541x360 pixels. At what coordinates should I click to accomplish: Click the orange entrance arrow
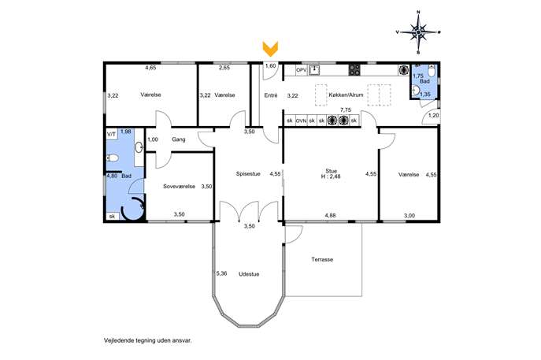(x=270, y=49)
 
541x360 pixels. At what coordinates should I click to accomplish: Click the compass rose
(x=418, y=32)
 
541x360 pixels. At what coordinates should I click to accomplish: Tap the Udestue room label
(x=249, y=274)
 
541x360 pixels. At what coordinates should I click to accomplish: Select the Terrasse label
(x=322, y=259)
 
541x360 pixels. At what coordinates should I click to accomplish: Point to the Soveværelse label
(x=179, y=187)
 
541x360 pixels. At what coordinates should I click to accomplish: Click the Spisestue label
(x=248, y=174)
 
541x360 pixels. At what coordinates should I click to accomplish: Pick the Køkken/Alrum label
(x=346, y=95)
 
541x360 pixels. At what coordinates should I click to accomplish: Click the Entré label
(x=271, y=95)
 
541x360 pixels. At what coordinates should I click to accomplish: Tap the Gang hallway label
(x=179, y=139)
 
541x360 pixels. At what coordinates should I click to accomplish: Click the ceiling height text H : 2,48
(x=331, y=176)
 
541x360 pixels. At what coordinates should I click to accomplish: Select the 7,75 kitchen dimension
(x=346, y=109)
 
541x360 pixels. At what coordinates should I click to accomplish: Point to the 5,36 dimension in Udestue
(x=221, y=273)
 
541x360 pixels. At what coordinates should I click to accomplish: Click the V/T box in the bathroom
(x=112, y=134)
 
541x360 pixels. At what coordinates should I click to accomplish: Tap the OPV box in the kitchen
(x=301, y=70)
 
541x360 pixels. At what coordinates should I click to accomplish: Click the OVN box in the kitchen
(x=301, y=121)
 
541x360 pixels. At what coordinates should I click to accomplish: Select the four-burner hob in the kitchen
(x=354, y=70)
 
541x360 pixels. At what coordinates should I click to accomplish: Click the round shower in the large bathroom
(x=133, y=208)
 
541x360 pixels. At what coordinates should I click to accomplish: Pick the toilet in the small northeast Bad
(x=432, y=72)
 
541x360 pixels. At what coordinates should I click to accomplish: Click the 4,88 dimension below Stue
(x=330, y=215)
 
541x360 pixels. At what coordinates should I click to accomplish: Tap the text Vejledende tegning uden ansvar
(x=148, y=340)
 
